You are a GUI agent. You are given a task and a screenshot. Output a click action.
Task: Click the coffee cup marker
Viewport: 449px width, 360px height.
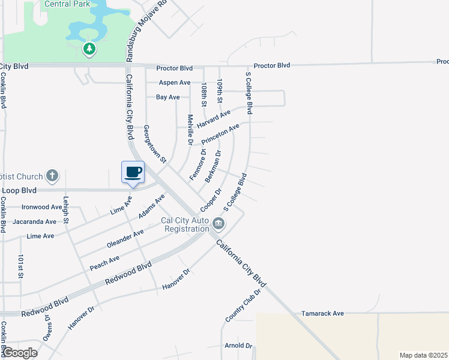[133, 173]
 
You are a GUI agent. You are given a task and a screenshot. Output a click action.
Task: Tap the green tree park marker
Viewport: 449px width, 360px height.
[89, 48]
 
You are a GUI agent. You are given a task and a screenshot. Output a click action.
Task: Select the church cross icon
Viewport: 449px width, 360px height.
[53, 176]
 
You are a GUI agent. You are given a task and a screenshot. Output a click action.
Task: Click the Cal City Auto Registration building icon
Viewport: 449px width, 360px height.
[218, 224]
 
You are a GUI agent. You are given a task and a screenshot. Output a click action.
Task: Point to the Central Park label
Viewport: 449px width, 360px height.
[67, 4]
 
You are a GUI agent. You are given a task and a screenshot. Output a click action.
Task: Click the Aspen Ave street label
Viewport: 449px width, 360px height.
[174, 83]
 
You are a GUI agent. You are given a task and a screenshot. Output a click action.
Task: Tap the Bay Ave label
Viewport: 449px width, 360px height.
[167, 97]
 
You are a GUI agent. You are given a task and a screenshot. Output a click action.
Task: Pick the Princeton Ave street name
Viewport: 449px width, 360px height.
[220, 134]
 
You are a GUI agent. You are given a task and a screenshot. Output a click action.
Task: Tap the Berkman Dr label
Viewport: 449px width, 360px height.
[213, 166]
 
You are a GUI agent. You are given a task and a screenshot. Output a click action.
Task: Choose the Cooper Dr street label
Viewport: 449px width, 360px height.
[211, 200]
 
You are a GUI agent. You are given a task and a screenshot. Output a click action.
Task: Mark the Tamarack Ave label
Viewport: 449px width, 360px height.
[322, 313]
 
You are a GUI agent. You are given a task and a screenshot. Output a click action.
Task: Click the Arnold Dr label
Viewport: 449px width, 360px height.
[238, 346]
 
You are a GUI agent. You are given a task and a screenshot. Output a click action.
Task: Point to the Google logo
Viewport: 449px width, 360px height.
[19, 353]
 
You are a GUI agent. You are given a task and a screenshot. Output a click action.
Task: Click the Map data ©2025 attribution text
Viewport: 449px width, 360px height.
[423, 355]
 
